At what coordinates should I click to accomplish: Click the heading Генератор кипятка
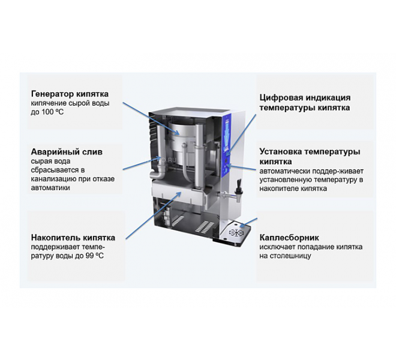tap(70, 94)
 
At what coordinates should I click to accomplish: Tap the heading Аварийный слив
tap(67, 152)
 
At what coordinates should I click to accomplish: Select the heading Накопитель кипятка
tap(73, 238)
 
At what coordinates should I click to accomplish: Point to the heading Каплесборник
tap(289, 238)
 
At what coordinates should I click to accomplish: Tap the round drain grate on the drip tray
tap(236, 232)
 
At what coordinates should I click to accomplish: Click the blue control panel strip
tap(227, 145)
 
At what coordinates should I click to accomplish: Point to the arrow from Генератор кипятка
tap(151, 118)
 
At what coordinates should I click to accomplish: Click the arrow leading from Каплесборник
tap(248, 221)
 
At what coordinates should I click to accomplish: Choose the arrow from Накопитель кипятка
tap(154, 215)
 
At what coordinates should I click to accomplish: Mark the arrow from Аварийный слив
tap(142, 163)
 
